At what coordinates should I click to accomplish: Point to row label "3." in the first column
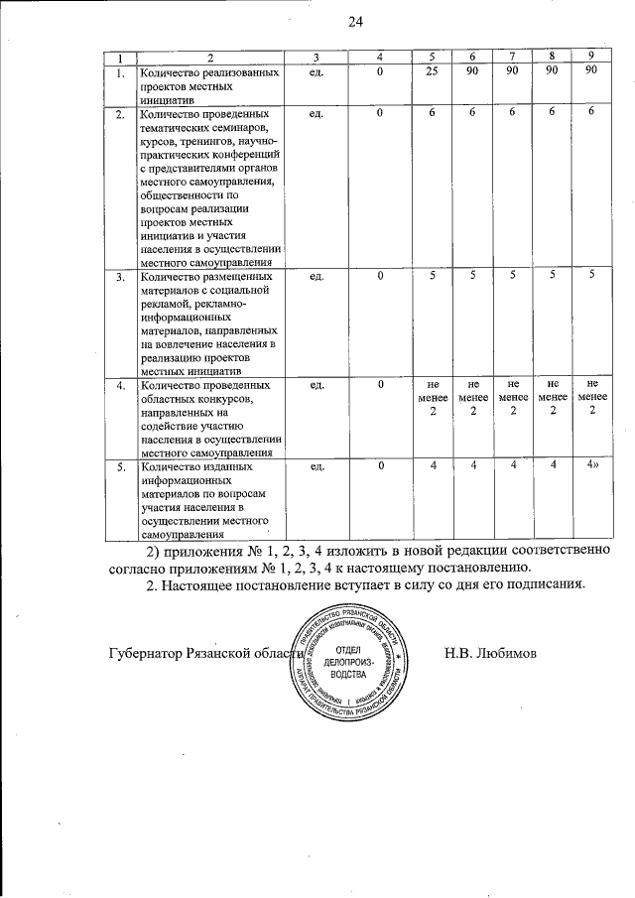119,277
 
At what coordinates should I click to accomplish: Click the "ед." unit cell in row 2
317,114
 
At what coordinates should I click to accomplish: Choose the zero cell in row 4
379,383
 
